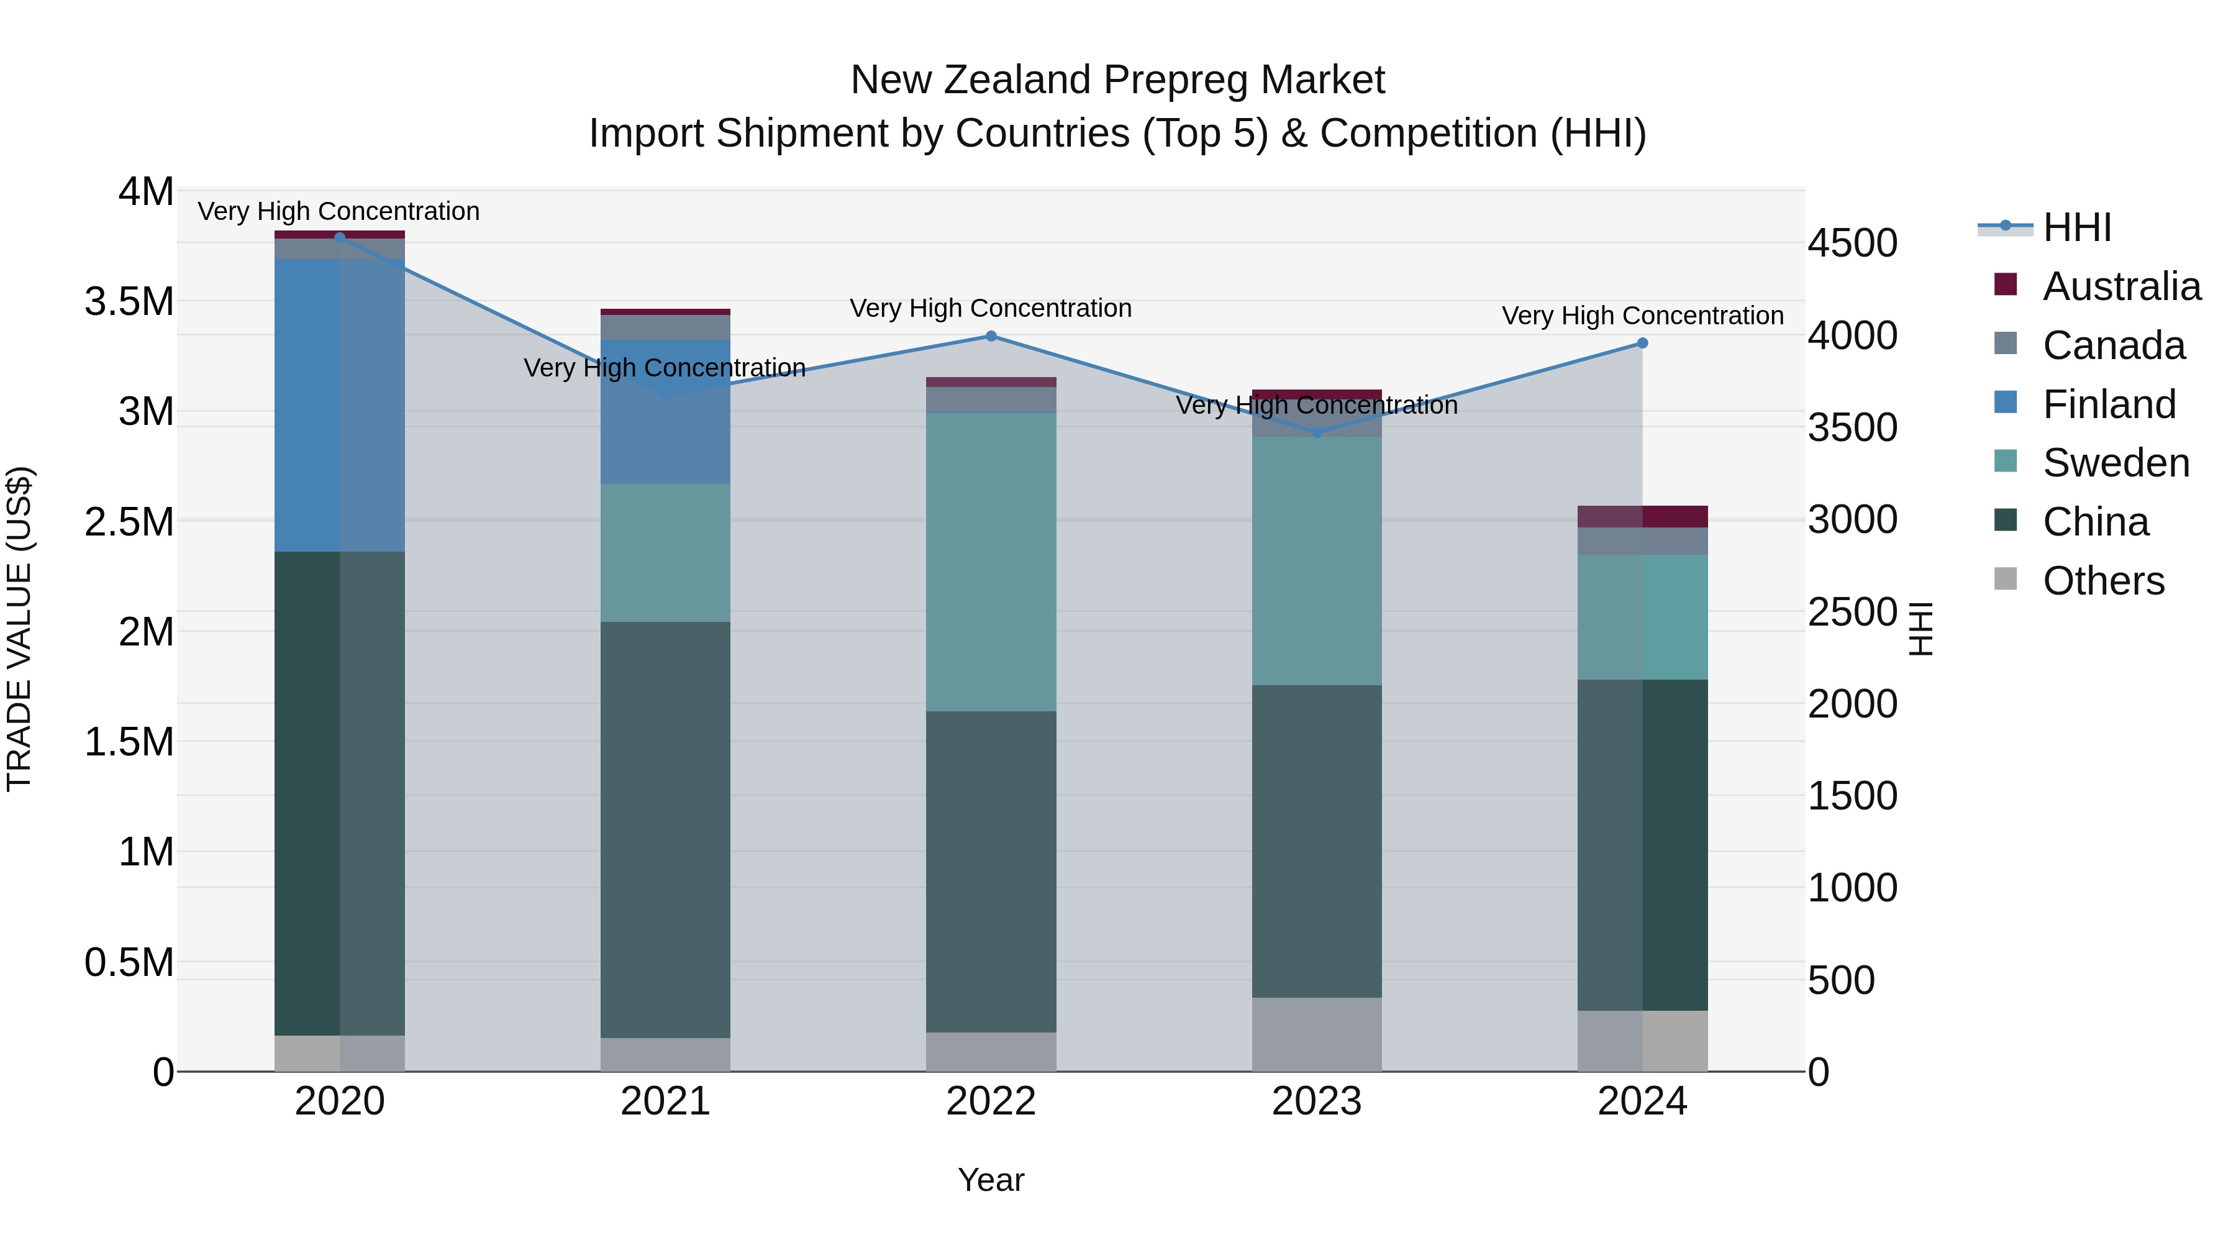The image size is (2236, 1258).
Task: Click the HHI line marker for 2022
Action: coord(991,336)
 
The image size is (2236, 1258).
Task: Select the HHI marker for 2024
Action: coord(1642,344)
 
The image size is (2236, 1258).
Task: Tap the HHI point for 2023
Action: coord(1317,432)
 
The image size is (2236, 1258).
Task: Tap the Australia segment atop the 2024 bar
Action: coord(1642,517)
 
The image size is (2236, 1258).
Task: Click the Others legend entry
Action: coord(2102,581)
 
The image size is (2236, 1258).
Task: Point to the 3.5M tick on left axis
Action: coord(129,301)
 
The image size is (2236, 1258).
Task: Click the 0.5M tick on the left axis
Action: coord(129,962)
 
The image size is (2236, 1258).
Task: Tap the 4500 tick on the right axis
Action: coord(1852,243)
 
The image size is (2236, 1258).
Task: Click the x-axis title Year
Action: coord(991,1180)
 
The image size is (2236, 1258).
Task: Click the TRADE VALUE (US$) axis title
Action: coord(19,629)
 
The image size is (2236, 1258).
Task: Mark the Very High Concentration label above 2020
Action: coord(339,211)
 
